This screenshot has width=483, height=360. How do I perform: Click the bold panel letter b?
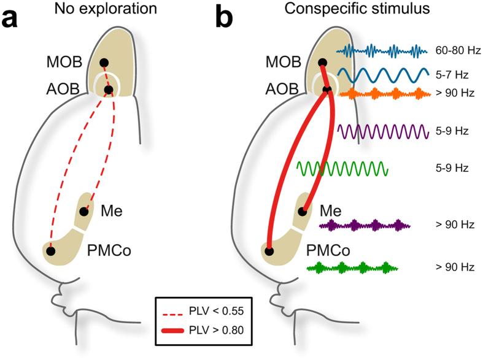[x=225, y=19]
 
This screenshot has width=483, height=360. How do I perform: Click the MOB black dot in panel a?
[x=104, y=63]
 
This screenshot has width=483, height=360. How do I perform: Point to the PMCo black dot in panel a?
[x=51, y=250]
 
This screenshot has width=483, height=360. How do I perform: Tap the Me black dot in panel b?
[x=302, y=212]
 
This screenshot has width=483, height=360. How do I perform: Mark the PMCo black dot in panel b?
[x=269, y=250]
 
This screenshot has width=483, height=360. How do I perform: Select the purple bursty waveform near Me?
[x=365, y=226]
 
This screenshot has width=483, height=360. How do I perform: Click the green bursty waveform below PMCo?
[x=352, y=267]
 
